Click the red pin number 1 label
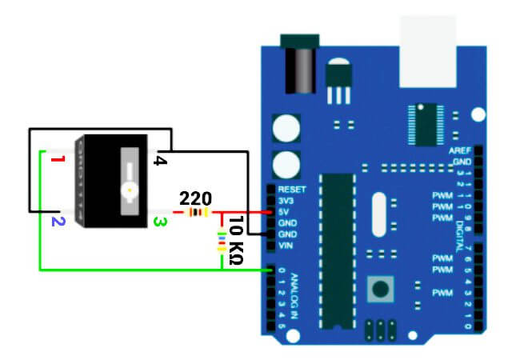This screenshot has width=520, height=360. (x=56, y=162)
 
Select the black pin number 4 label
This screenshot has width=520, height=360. (x=159, y=162)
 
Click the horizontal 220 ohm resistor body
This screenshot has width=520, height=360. (x=197, y=213)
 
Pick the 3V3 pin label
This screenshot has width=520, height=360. (x=286, y=201)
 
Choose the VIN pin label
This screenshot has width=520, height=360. (x=286, y=246)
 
